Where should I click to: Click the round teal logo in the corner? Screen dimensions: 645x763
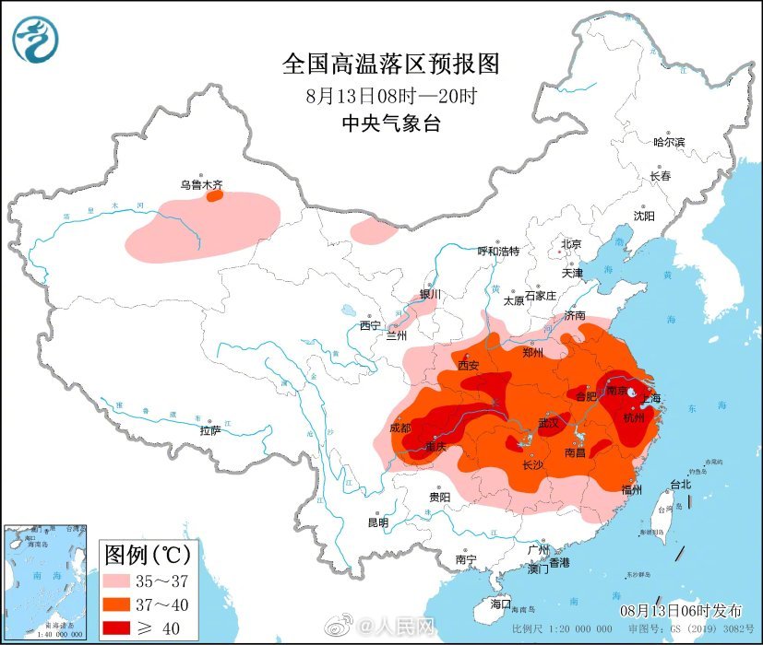pyautogui.click(x=35, y=40)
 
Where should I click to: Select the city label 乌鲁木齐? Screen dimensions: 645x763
pyautogui.click(x=201, y=184)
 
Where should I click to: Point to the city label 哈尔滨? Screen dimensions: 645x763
pyautogui.click(x=669, y=142)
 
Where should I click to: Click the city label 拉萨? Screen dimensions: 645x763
pyautogui.click(x=209, y=430)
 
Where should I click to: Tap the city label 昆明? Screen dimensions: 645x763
pyautogui.click(x=377, y=522)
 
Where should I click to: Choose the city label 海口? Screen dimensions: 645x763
pyautogui.click(x=500, y=604)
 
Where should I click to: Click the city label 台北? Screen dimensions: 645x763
pyautogui.click(x=680, y=484)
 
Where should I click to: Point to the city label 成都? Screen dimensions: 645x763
pyautogui.click(x=401, y=428)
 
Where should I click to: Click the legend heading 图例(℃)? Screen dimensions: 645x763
pyautogui.click(x=148, y=555)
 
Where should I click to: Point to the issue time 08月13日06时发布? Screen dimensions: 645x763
pyautogui.click(x=680, y=611)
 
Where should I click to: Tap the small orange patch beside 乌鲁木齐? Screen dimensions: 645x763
pyautogui.click(x=214, y=195)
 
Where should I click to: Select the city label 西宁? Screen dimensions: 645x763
pyautogui.click(x=370, y=324)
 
